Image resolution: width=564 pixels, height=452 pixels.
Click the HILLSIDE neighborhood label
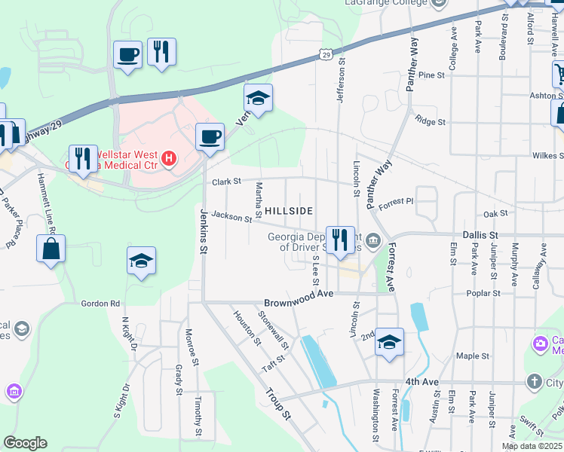point(289,212)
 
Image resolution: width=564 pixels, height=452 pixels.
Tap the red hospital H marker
point(170,159)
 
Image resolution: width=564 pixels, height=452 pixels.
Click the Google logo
point(25,443)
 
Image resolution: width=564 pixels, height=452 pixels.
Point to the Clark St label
point(225,182)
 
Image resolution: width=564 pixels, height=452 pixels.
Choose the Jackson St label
point(231,218)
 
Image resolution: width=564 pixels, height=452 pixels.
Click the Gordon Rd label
point(106,304)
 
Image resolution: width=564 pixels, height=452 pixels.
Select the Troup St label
point(278,403)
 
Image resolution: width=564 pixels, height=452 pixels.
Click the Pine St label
point(431,75)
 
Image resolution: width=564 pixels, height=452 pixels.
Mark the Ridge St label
point(431,121)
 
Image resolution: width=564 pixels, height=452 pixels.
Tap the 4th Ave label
point(421,382)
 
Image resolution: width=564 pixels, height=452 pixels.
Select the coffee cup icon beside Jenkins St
point(210,136)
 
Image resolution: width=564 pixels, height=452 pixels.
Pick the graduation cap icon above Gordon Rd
point(141,261)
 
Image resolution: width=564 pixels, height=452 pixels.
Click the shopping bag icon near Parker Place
point(51,249)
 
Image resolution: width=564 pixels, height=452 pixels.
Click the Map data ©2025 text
point(532,446)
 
